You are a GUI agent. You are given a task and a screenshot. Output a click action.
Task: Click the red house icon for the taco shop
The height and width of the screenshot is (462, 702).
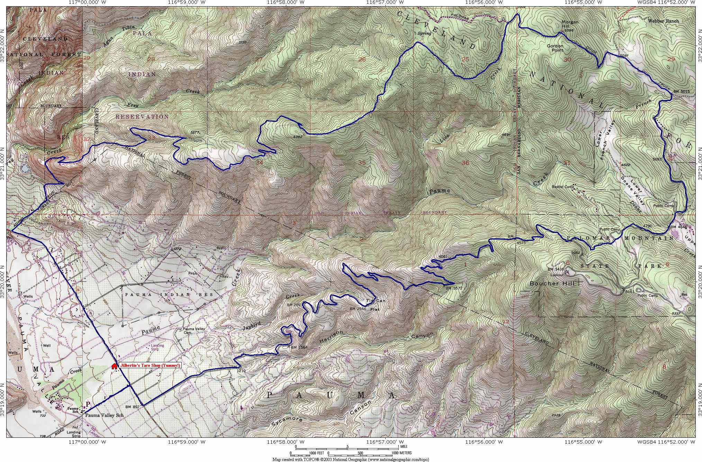[x=114, y=366]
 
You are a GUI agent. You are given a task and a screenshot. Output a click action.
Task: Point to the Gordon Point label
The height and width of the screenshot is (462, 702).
[x=555, y=48]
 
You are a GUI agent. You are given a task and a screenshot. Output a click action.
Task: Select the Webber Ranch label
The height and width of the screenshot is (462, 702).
[x=663, y=21]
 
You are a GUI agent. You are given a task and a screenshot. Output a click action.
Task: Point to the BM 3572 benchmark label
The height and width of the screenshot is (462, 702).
[x=454, y=288]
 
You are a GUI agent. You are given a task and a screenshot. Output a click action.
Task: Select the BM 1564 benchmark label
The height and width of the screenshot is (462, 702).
[x=299, y=347]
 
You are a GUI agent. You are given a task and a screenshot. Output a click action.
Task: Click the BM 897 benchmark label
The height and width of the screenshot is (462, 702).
[x=132, y=407]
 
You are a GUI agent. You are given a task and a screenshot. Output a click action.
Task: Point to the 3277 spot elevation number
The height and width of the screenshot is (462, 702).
[x=196, y=132]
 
